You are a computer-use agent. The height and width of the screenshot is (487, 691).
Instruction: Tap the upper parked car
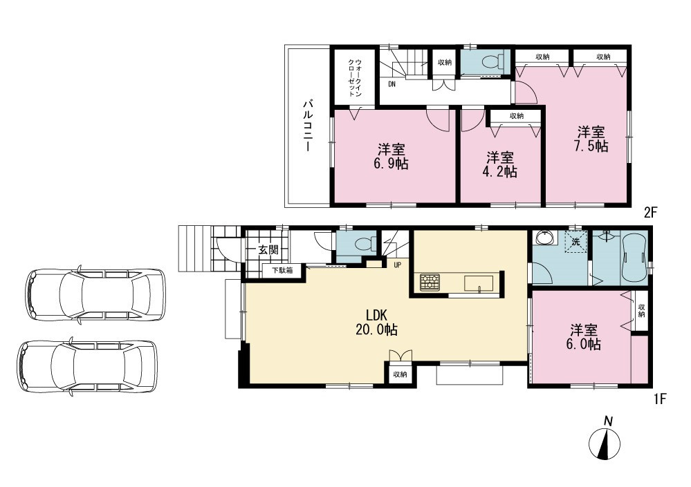(95, 295)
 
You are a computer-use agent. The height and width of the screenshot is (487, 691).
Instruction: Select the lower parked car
(87, 367)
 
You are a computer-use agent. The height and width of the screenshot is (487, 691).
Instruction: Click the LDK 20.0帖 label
(376, 322)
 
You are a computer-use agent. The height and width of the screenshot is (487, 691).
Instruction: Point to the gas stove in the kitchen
(430, 283)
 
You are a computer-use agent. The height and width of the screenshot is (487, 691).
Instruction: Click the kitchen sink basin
(479, 283)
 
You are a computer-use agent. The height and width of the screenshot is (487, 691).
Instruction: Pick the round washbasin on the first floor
(543, 238)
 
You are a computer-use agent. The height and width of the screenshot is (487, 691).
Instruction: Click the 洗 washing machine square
(576, 242)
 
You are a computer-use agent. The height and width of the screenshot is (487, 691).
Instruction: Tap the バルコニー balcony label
(308, 126)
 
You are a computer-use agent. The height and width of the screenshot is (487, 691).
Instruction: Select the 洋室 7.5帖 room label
(591, 139)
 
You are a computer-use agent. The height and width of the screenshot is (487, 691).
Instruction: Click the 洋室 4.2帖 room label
(499, 164)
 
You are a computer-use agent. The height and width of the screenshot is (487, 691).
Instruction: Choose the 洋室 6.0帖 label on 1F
(584, 336)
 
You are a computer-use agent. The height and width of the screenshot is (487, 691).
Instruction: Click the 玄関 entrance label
(268, 250)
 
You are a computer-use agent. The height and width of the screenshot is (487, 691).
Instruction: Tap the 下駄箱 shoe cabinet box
(282, 271)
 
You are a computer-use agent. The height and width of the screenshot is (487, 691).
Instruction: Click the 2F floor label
(650, 213)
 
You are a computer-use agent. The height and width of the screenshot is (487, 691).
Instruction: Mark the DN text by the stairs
(391, 84)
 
